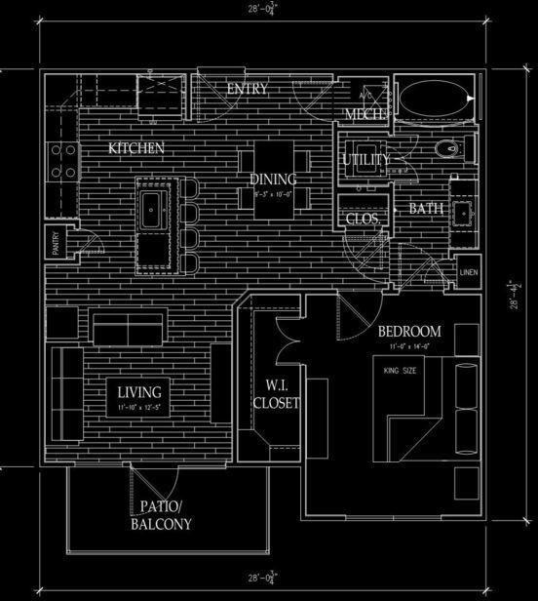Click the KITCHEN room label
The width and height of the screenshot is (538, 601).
[x=135, y=148]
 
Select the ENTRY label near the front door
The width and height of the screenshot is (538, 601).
[x=247, y=89]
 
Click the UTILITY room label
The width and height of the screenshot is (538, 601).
[x=366, y=159]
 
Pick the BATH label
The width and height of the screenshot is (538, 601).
[x=425, y=208]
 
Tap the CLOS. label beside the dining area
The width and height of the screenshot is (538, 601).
[x=363, y=220]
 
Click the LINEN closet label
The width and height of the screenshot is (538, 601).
[x=469, y=271]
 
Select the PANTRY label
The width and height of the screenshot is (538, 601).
[x=58, y=244]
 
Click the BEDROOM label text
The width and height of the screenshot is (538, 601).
[x=409, y=331]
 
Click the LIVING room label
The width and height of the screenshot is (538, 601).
[x=138, y=392]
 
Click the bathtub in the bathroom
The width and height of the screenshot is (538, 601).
[x=435, y=100]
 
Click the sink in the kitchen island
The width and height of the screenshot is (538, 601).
[x=154, y=208]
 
